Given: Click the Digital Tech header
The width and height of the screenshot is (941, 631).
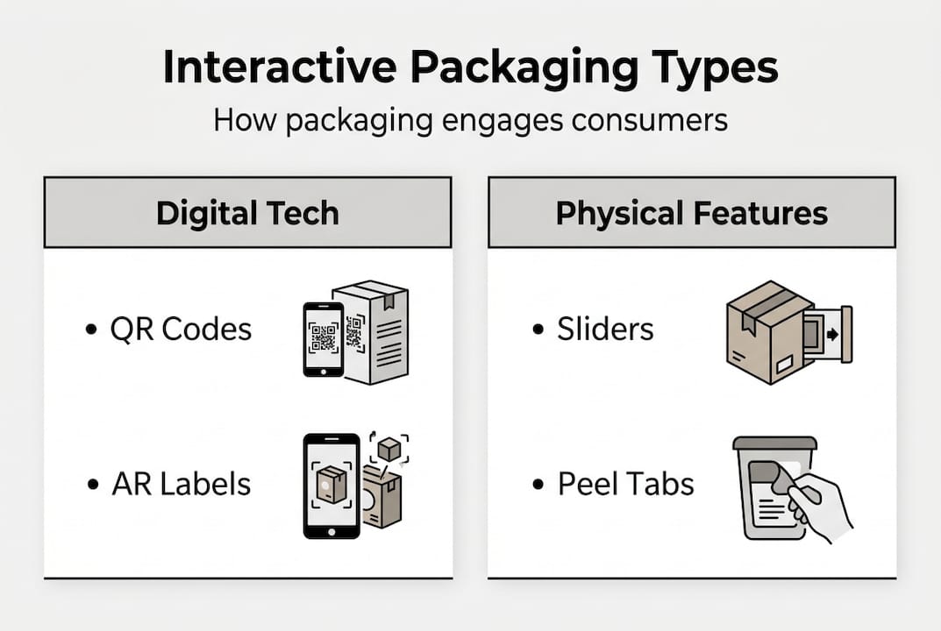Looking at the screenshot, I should pyautogui.click(x=247, y=213).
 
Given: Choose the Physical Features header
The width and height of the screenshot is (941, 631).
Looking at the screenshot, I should pyautogui.click(x=691, y=213).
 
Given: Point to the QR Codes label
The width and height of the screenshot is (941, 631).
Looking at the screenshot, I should pyautogui.click(x=181, y=330).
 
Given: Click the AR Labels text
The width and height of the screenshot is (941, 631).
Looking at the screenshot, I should pyautogui.click(x=181, y=484).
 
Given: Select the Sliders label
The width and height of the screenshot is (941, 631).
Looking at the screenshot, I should pyautogui.click(x=605, y=330).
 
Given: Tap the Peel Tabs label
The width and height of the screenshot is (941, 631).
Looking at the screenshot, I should pyautogui.click(x=625, y=484).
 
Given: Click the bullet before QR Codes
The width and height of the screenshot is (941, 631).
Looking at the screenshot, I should pyautogui.click(x=91, y=330).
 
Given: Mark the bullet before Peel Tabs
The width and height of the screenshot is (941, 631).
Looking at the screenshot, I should pyautogui.click(x=538, y=485).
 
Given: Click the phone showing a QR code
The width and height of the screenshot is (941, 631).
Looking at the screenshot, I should pyautogui.click(x=323, y=339).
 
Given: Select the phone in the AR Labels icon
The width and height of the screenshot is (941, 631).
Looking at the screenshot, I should pyautogui.click(x=331, y=486).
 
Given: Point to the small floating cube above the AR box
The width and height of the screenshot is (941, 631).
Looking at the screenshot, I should pyautogui.click(x=389, y=450).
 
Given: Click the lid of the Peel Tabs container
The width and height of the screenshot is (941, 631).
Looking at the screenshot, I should pyautogui.click(x=774, y=443).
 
